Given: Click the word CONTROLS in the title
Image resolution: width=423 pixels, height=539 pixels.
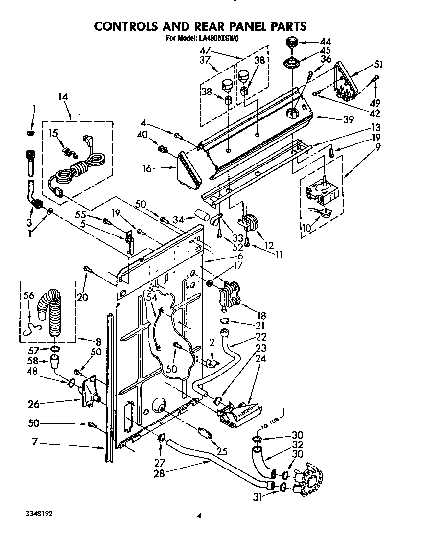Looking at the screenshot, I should (x=129, y=26).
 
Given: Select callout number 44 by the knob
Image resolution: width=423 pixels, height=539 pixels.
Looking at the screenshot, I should (x=325, y=42).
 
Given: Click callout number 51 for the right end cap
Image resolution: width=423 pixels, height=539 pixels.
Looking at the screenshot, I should (x=378, y=64).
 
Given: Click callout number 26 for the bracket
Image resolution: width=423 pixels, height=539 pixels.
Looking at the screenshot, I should (x=33, y=404).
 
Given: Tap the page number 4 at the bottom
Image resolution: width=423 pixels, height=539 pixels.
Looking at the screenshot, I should (x=199, y=515).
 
